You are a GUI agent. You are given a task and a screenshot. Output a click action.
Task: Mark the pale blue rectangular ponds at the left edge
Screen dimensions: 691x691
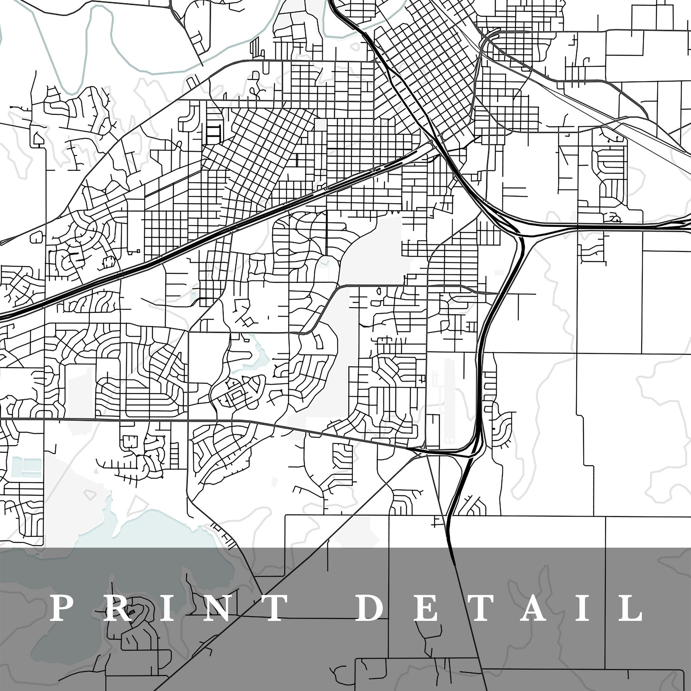27,466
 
